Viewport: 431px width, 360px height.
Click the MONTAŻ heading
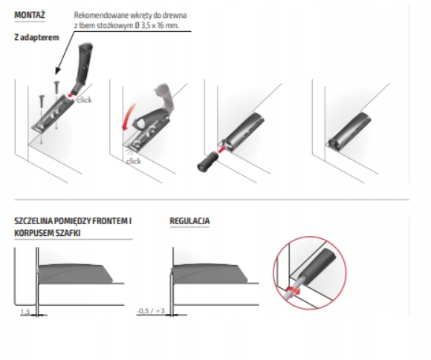tap(30, 15)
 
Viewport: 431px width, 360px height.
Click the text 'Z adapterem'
tap(36, 37)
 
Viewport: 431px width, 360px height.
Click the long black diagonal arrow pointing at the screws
tap(65, 52)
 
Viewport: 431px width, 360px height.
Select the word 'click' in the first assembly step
tap(84, 100)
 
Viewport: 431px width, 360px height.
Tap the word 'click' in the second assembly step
tap(134, 161)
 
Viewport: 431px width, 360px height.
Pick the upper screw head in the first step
tap(57, 82)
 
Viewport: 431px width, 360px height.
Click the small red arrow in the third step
tap(221, 149)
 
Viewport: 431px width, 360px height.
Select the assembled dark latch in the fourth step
tap(350, 131)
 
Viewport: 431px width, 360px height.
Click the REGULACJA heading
tap(189, 221)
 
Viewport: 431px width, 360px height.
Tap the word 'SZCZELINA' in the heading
tap(33, 221)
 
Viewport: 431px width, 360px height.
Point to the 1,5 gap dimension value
tap(25, 312)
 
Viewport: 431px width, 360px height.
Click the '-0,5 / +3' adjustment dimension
tap(151, 311)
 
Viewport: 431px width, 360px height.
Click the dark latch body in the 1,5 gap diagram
tap(75, 274)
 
